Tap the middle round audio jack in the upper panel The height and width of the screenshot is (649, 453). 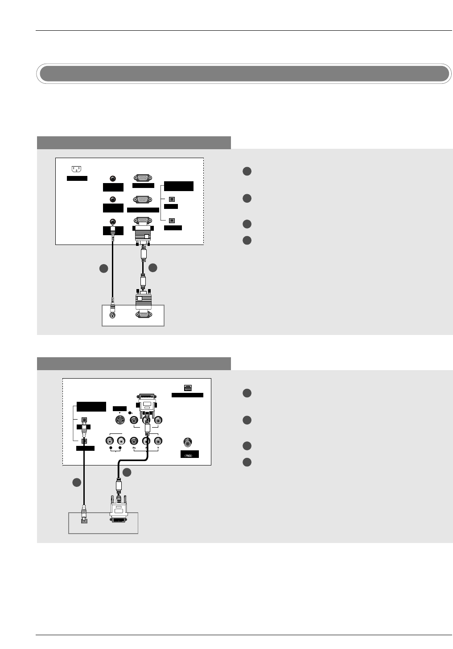(x=113, y=200)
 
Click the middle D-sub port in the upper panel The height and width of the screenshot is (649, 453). (x=143, y=200)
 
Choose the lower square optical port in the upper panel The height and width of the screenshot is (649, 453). (x=172, y=220)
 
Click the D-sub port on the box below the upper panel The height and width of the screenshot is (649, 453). (x=143, y=314)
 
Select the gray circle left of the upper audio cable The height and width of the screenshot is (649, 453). (x=103, y=269)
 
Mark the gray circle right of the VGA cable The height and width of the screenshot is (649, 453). (x=153, y=268)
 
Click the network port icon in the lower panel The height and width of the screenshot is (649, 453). (x=187, y=388)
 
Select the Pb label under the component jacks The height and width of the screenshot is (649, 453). (x=133, y=449)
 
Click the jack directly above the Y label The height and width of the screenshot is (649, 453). (x=158, y=441)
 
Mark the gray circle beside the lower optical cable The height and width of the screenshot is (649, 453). (x=76, y=482)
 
